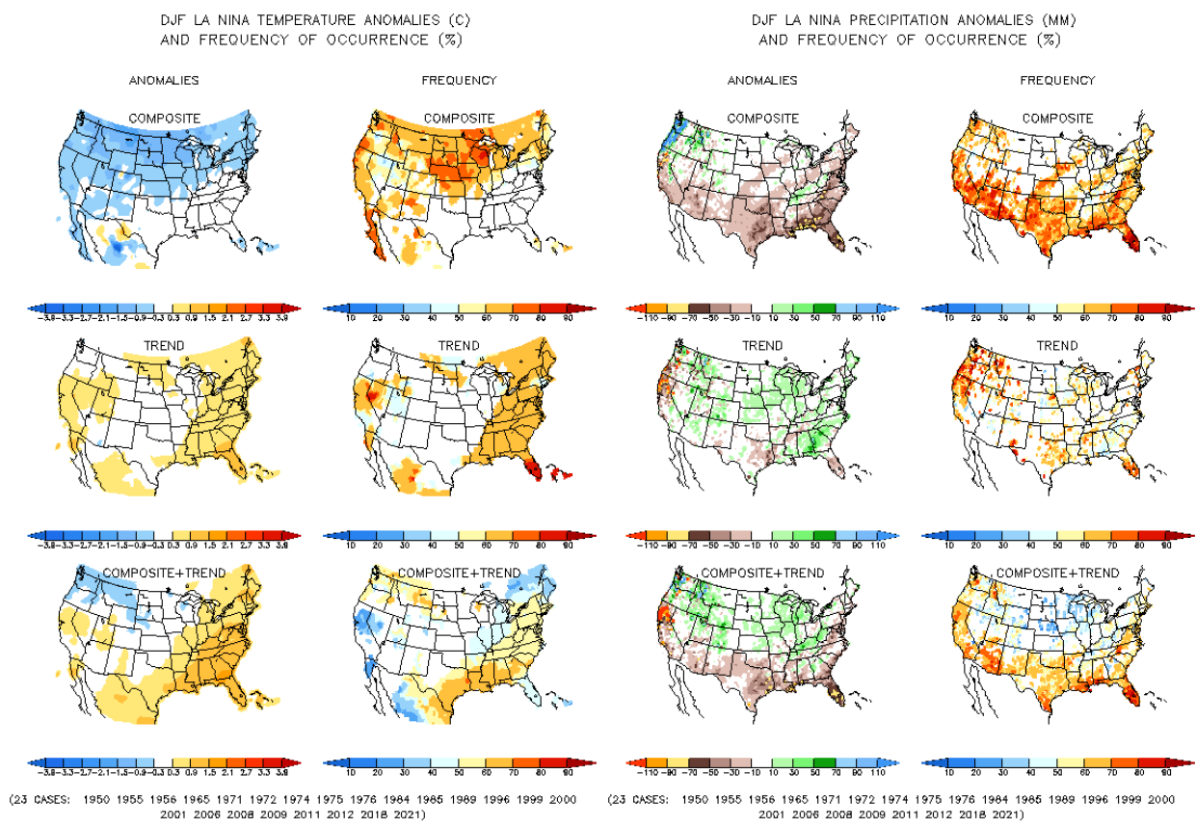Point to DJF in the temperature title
(x=172, y=18)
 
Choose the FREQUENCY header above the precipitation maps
(x=1057, y=80)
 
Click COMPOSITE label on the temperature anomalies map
(x=165, y=119)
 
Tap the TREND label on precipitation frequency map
(x=1057, y=346)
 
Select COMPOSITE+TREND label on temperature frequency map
(x=459, y=573)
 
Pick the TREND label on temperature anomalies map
(x=165, y=346)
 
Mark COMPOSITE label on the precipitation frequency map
(x=1057, y=119)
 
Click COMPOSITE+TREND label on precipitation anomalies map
(x=762, y=573)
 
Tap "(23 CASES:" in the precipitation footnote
(x=640, y=800)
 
